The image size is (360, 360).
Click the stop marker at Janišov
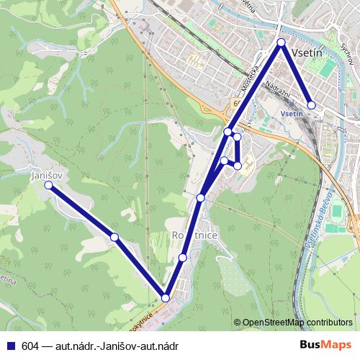click(x=48, y=185)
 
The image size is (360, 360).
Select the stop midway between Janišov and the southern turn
click(x=114, y=237)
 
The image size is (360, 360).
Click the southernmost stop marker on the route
click(x=166, y=298)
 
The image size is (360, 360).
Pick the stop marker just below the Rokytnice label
click(x=183, y=257)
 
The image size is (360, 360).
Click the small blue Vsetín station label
click(x=291, y=114)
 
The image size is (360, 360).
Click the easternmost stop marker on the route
click(x=311, y=105)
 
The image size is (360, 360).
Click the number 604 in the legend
click(x=31, y=346)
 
